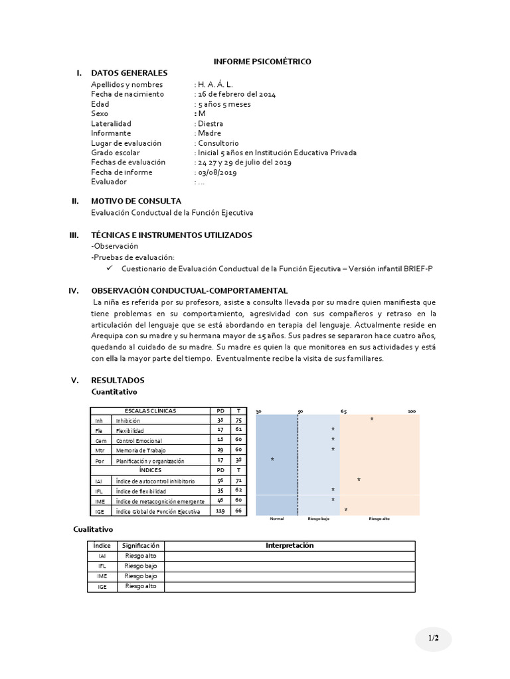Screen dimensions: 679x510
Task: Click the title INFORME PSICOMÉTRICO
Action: point(262,62)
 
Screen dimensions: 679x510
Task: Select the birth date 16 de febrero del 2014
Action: point(237,94)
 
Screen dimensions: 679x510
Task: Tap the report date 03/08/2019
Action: point(217,172)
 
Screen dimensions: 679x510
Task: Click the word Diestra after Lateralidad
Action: point(211,123)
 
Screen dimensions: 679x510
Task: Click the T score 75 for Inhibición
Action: point(238,420)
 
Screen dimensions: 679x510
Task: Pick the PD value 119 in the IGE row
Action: point(220,511)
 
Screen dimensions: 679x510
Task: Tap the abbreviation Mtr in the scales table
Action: point(100,451)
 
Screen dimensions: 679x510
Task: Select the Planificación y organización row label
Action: point(149,461)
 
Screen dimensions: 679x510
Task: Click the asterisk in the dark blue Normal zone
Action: point(272,460)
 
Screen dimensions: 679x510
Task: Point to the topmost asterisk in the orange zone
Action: point(371,420)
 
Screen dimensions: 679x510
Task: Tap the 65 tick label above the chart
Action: point(343,412)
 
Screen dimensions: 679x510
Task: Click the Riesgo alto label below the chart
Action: point(379,519)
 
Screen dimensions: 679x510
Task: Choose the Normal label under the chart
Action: point(277,519)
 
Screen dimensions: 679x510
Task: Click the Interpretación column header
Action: point(289,546)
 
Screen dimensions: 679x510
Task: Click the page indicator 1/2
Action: point(433,638)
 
